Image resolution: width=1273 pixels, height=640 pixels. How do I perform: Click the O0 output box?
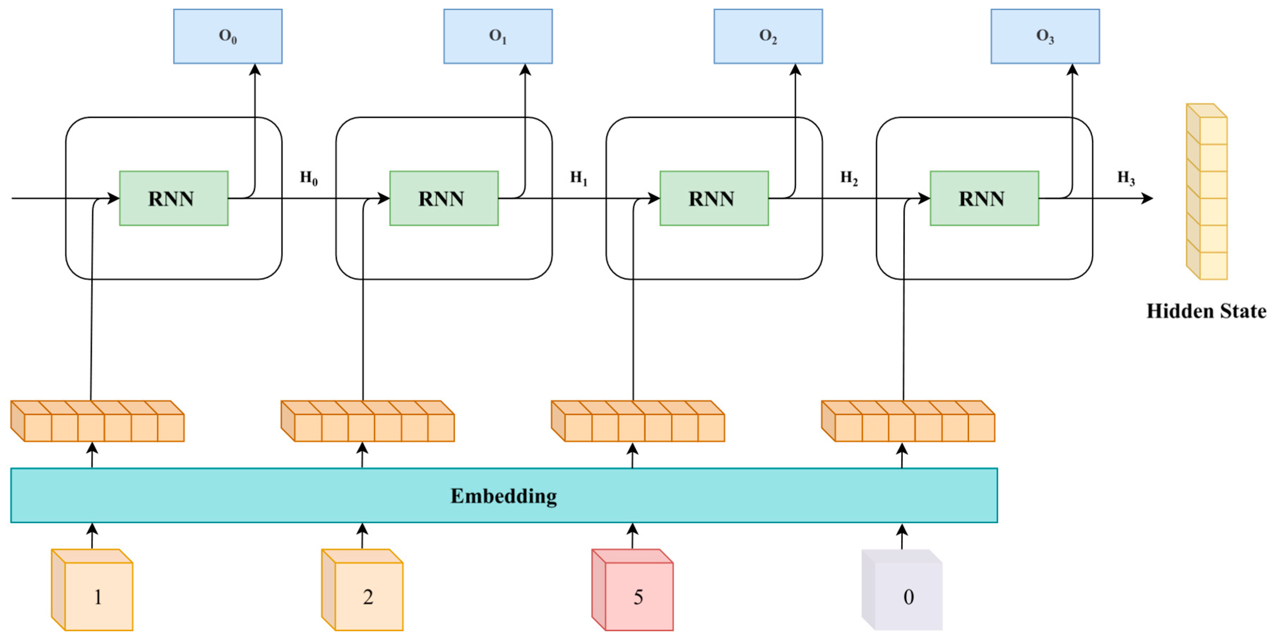(228, 36)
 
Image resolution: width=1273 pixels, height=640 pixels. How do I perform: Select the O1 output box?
(498, 36)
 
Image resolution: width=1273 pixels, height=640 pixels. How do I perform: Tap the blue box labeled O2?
(768, 36)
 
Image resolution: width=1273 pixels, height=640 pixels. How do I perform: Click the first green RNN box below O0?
(173, 199)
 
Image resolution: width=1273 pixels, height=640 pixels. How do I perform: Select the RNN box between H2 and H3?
(984, 199)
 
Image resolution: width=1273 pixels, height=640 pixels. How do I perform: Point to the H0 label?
(309, 178)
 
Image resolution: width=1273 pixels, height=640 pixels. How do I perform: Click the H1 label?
(579, 178)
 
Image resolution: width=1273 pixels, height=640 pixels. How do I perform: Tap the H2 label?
(849, 178)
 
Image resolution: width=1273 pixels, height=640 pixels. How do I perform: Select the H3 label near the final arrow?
(1126, 178)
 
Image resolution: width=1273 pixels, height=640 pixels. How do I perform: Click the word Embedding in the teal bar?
(503, 496)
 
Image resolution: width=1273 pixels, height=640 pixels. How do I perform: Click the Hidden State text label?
(1206, 311)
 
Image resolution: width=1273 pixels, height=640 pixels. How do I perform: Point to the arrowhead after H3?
(1147, 199)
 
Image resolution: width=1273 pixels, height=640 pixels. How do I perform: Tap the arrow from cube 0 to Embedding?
(902, 536)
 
